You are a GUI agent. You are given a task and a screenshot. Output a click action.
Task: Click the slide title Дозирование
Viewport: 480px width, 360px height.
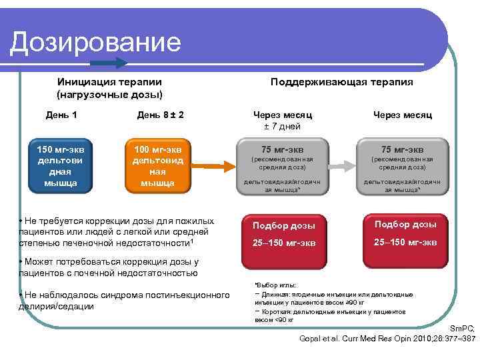(x=96, y=42)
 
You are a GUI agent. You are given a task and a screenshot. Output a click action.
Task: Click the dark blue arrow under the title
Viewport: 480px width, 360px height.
(x=109, y=63)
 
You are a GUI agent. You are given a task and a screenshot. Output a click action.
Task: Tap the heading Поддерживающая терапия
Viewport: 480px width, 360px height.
(x=342, y=82)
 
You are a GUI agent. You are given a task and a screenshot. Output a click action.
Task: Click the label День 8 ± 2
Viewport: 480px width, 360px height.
(x=160, y=115)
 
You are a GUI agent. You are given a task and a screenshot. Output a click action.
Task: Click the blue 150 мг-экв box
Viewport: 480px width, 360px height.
(x=61, y=165)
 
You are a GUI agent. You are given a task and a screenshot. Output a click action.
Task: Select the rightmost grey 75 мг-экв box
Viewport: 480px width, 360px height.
(x=402, y=166)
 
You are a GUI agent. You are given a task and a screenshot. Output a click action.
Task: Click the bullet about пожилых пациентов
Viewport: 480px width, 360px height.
(x=117, y=231)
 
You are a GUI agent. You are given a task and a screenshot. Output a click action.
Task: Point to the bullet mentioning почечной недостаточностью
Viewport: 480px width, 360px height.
(x=109, y=267)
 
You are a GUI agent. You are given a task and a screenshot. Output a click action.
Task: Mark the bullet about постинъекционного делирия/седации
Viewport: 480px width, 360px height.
(x=120, y=301)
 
